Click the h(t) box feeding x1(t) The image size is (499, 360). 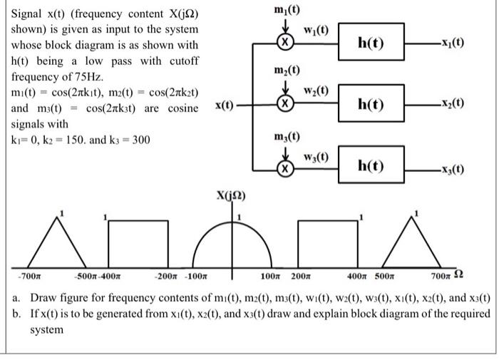pos(371,43)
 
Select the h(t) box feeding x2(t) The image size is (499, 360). pos(371,104)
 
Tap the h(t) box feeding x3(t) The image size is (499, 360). pos(371,167)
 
